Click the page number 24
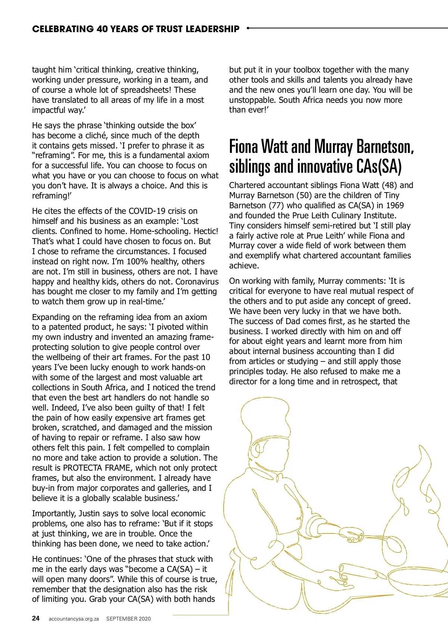(x=36, y=618)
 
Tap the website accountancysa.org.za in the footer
(x=74, y=619)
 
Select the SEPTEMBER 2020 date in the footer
(x=128, y=619)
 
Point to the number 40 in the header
(x=102, y=29)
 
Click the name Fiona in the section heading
(x=243, y=147)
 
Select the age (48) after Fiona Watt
(x=389, y=185)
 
